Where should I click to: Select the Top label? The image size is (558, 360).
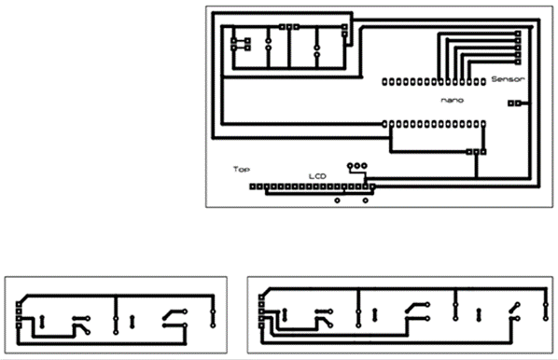pyautogui.click(x=242, y=170)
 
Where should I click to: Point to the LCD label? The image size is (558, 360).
pyautogui.click(x=318, y=175)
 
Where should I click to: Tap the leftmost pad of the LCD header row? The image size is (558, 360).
pyautogui.click(x=251, y=187)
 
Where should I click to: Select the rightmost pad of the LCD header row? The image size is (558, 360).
pyautogui.click(x=373, y=187)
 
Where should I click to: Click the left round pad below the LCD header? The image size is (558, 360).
pyautogui.click(x=336, y=200)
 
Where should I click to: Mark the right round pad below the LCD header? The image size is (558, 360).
pyautogui.click(x=363, y=200)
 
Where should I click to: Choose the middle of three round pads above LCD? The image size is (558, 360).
pyautogui.click(x=356, y=166)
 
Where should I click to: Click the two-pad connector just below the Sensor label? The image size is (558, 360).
pyautogui.click(x=513, y=104)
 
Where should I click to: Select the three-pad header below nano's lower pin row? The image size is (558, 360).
pyautogui.click(x=477, y=150)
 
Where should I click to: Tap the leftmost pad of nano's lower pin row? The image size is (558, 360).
pyautogui.click(x=384, y=121)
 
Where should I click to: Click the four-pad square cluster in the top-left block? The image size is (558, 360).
pyautogui.click(x=240, y=42)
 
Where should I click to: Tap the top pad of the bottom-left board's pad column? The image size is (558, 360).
pyautogui.click(x=19, y=304)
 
